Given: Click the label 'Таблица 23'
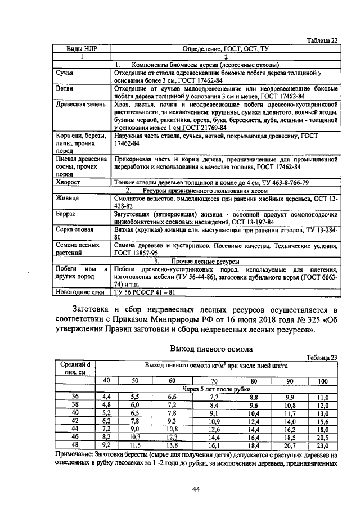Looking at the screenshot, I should [x=322, y=357].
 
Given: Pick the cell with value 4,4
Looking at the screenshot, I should [x=106, y=397].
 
